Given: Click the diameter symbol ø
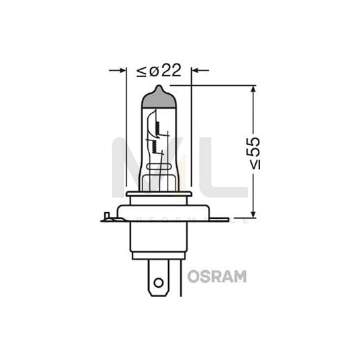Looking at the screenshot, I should coord(153,71).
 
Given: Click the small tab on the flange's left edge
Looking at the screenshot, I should coord(105,217).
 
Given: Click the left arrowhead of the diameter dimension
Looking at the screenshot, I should coord(122,70).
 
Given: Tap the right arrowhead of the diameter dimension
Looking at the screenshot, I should coord(197,70).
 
